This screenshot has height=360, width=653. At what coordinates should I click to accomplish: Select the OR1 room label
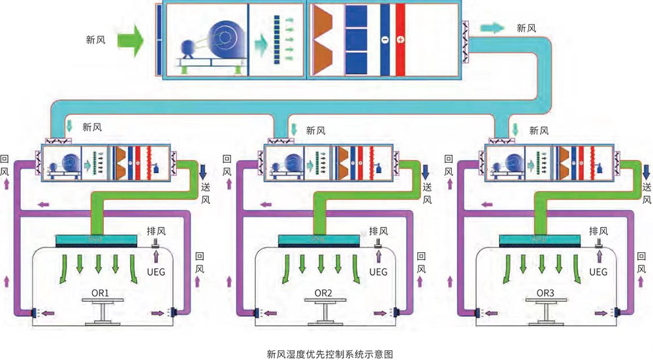click(x=104, y=293)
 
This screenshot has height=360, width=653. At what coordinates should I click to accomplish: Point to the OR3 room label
click(x=545, y=293)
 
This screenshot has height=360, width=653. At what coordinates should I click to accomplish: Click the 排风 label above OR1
click(x=157, y=231)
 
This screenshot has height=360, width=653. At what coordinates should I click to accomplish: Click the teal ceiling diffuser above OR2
click(x=318, y=241)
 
